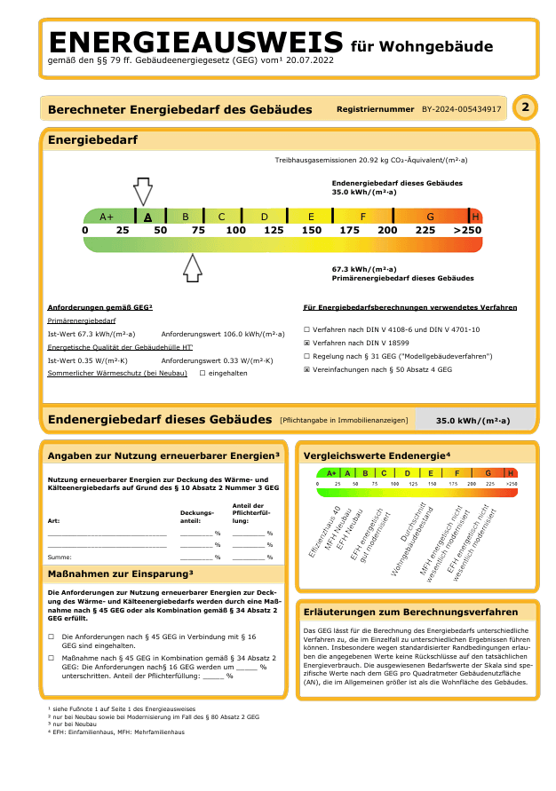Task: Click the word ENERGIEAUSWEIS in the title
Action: pos(195,42)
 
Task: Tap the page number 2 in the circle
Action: pos(526,109)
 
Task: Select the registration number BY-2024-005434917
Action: pos(461,110)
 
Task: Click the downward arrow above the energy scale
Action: pos(142,191)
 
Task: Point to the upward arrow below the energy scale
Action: pos(192,267)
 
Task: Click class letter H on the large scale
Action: pos(475,217)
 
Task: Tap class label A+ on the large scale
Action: pos(107,217)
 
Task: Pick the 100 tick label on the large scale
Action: pos(235,231)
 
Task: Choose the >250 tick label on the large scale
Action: pos(466,231)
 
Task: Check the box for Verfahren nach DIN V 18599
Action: pos(306,343)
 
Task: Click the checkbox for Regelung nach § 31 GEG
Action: pos(306,356)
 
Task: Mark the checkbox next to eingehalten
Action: pos(203,373)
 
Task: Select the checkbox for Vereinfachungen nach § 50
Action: pos(306,369)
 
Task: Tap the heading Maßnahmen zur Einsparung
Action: pos(120,573)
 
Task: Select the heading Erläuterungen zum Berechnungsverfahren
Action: pos(410,612)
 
